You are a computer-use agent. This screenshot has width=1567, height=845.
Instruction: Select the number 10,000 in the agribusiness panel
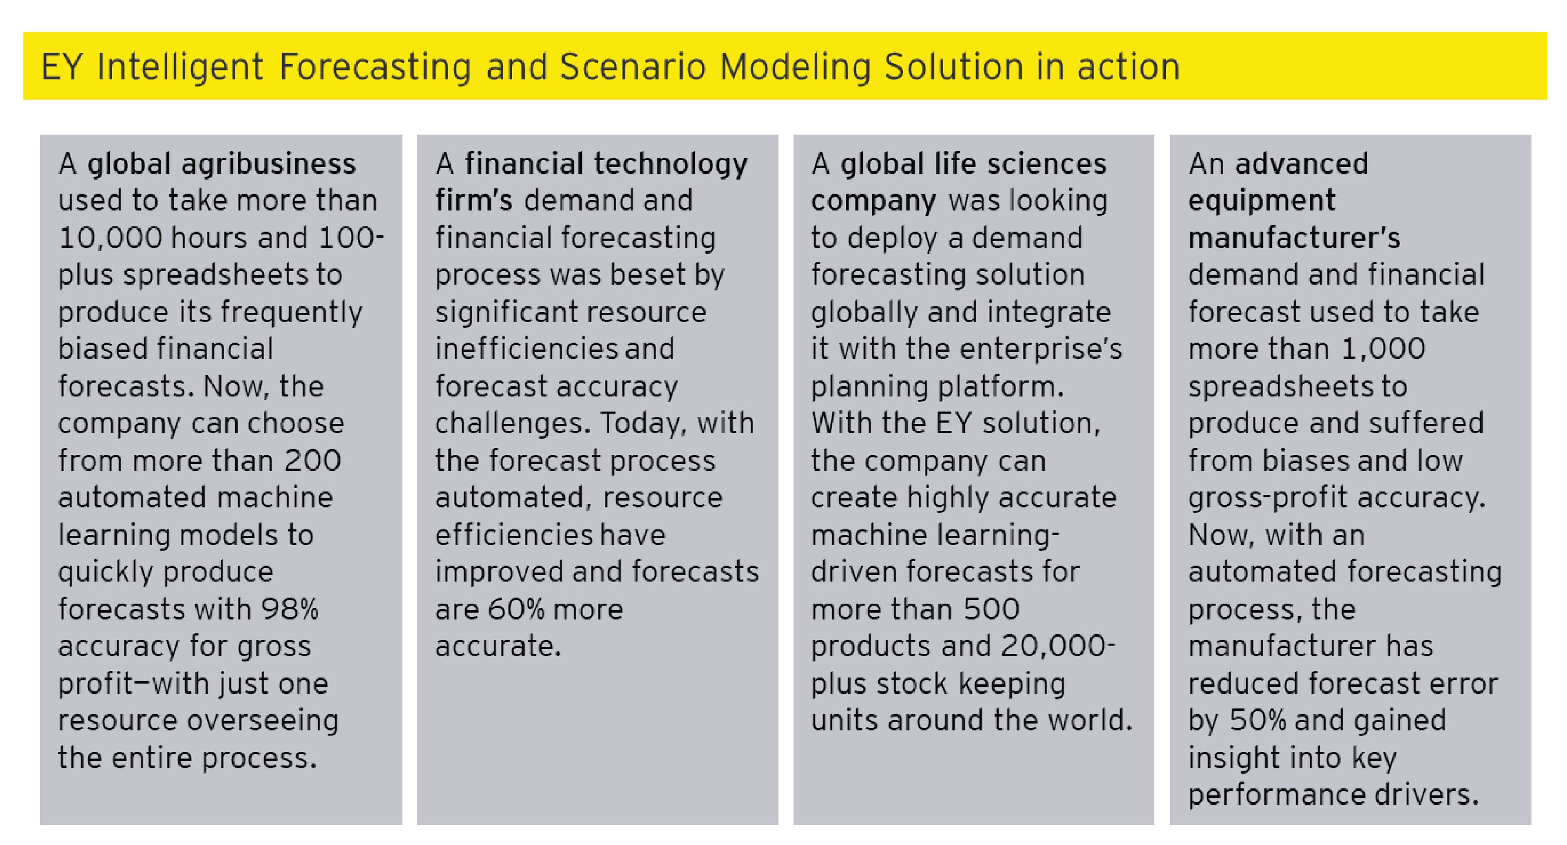click(111, 238)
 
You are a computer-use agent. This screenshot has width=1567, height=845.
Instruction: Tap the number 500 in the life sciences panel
click(992, 609)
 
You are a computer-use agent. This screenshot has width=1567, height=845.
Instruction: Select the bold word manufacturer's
click(1294, 238)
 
